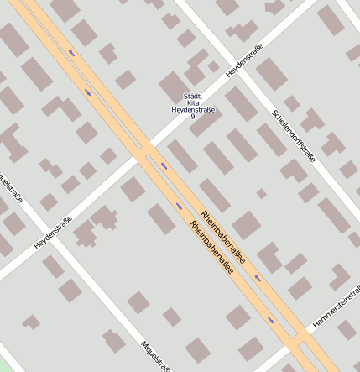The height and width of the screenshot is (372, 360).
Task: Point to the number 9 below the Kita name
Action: (x=193, y=117)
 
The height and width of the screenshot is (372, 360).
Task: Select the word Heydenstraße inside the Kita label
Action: (x=194, y=110)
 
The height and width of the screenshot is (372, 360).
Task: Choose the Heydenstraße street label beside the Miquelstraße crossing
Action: (x=53, y=232)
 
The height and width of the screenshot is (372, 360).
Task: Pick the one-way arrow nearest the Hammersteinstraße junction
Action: (x=269, y=319)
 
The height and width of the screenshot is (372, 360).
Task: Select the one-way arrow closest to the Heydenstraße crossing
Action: (x=164, y=165)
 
